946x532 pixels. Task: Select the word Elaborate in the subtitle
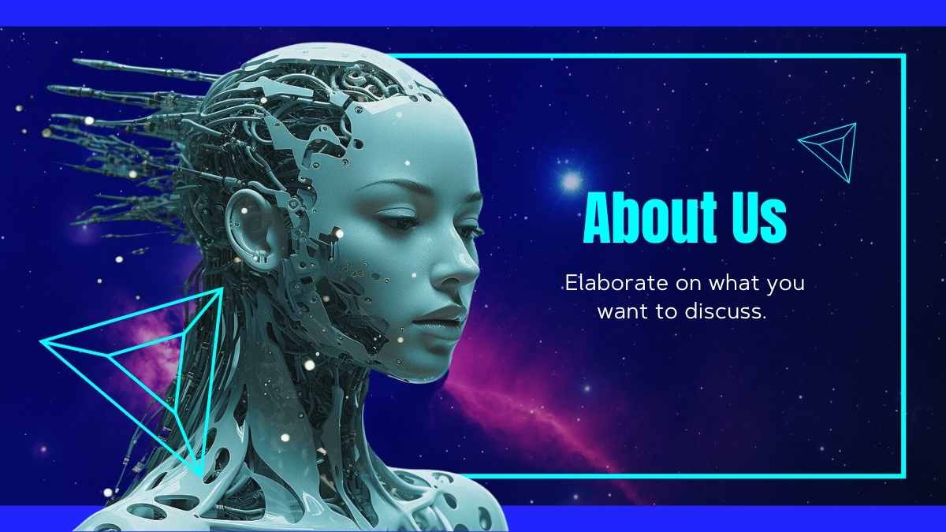(616, 282)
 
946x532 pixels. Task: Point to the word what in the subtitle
(734, 282)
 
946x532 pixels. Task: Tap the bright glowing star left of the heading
(571, 181)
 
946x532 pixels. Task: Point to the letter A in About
(599, 218)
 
